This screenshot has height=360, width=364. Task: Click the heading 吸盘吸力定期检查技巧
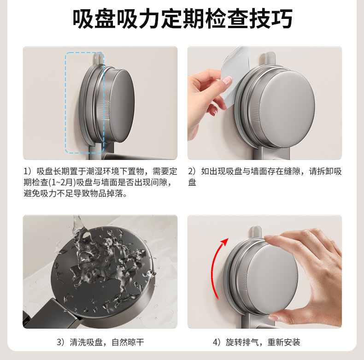pyautogui.click(x=182, y=19)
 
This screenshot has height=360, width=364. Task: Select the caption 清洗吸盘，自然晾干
pyautogui.click(x=100, y=342)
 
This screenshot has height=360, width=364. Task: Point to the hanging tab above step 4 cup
pyautogui.click(x=256, y=232)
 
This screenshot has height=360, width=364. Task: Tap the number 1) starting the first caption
pyautogui.click(x=28, y=171)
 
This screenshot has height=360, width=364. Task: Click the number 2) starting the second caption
pyautogui.click(x=192, y=171)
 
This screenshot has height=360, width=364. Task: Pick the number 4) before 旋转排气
pyautogui.click(x=217, y=342)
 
